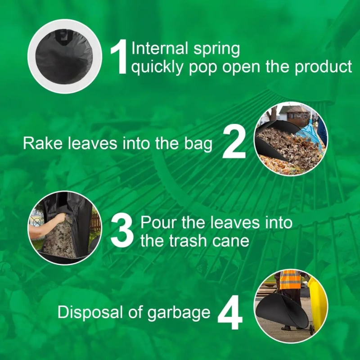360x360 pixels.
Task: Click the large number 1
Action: [x=119, y=57]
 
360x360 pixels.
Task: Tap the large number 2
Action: [x=234, y=141]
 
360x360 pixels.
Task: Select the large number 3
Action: [x=122, y=231]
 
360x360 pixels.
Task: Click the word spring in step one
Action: [x=217, y=49]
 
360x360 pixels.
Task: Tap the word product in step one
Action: [x=323, y=67]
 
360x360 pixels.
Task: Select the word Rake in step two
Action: [x=43, y=143]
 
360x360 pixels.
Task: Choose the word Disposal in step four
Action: [x=90, y=312]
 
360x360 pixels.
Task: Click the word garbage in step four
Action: [x=179, y=313]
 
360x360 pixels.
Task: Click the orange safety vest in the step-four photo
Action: [x=290, y=279]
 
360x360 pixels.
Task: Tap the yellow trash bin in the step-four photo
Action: [x=318, y=303]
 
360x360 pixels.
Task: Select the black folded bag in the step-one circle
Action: [x=64, y=57]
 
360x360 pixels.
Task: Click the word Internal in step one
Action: [x=160, y=48]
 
